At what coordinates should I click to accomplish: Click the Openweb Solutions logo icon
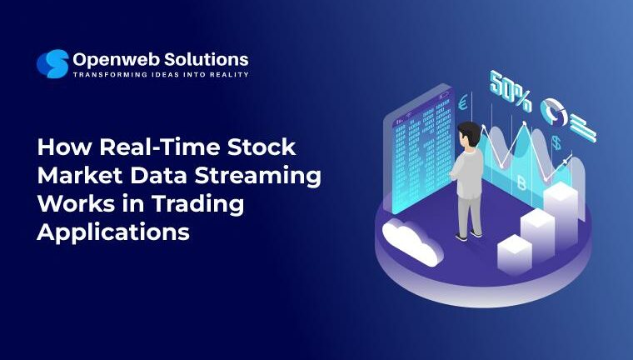(52, 64)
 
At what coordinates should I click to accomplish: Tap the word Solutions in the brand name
(207, 59)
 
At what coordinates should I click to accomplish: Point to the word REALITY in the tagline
(226, 75)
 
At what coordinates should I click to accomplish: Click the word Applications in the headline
(113, 232)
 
